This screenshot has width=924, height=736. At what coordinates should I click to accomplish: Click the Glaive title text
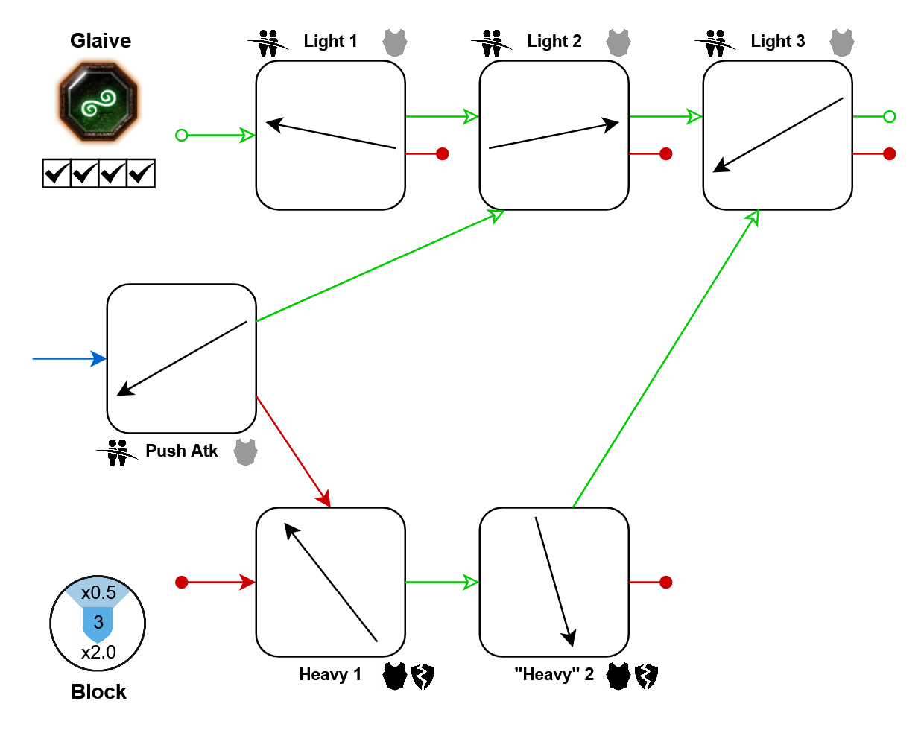click(x=101, y=41)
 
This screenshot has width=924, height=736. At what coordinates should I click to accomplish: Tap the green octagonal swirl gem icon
click(x=99, y=102)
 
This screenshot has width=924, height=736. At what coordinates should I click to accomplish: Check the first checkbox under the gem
click(x=56, y=174)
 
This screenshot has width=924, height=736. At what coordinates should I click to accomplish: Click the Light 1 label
click(x=330, y=42)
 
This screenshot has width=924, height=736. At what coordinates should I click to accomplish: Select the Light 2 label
click(x=554, y=42)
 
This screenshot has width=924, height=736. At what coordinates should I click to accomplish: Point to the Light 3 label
click(x=777, y=42)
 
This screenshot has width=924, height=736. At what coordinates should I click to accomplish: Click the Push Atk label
click(x=181, y=451)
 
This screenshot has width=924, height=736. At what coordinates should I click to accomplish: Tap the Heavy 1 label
click(x=330, y=675)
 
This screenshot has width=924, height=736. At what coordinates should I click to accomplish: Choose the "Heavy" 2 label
click(x=554, y=675)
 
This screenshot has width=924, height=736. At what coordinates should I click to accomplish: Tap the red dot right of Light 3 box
click(x=889, y=154)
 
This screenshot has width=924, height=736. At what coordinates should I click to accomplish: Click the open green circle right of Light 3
click(x=889, y=116)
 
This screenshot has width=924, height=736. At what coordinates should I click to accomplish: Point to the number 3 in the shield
click(x=98, y=623)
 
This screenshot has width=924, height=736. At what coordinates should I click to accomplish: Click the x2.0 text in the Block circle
click(x=98, y=653)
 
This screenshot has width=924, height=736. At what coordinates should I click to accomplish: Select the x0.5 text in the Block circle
click(x=98, y=593)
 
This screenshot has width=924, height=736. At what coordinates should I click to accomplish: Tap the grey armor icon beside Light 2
click(x=618, y=42)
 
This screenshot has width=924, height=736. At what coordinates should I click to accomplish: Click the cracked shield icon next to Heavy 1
click(x=423, y=676)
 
